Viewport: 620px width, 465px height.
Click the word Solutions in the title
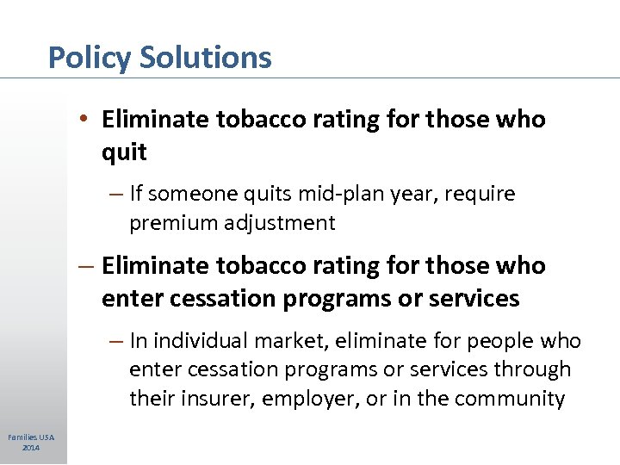tap(205, 58)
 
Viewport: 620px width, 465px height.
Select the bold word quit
tap(124, 152)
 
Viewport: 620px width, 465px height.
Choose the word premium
tap(173, 223)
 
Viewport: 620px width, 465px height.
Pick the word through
tap(535, 369)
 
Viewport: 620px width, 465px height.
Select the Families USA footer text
tap(31, 438)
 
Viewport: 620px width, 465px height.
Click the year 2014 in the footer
tap(31, 448)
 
